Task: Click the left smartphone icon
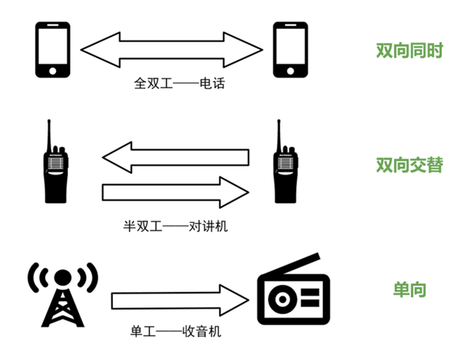pos(52,50)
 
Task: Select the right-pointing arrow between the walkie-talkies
pos(175,192)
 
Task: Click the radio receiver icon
pos(291,293)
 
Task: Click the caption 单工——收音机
pos(176,332)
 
